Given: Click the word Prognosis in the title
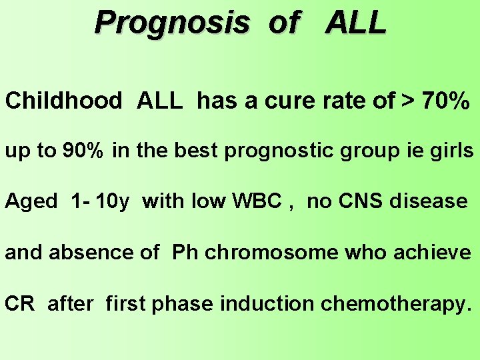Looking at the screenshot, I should click(x=172, y=23).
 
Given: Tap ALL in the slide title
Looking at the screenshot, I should click(x=356, y=23).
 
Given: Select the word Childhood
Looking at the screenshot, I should click(x=63, y=101).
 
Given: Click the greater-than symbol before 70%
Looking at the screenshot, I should click(x=406, y=101).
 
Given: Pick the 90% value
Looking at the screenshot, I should click(x=83, y=151).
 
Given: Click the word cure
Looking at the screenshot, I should click(x=292, y=101).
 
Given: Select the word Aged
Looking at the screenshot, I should click(x=31, y=201).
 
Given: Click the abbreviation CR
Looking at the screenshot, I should click(x=19, y=303).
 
